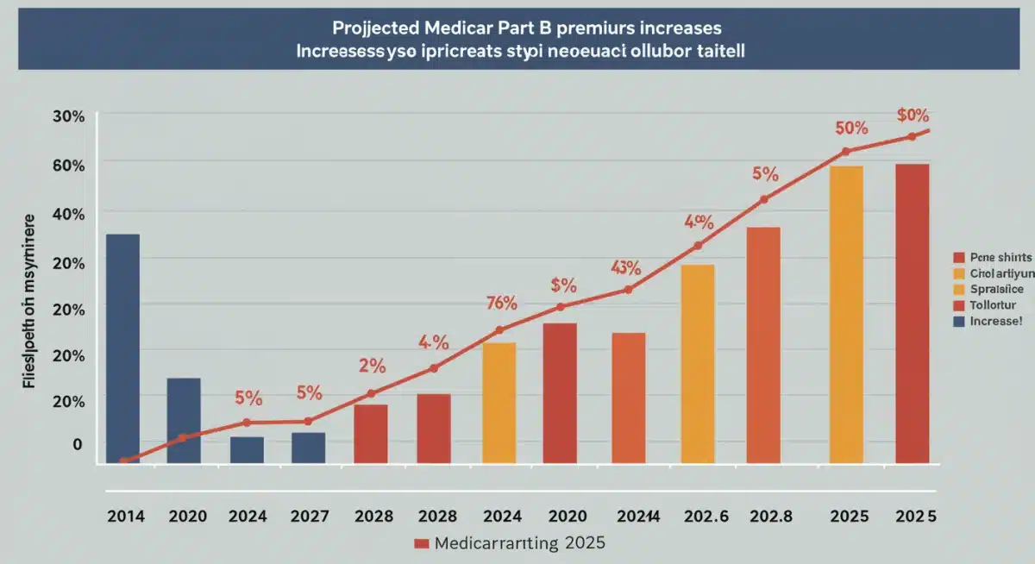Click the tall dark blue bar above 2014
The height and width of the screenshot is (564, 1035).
point(122,348)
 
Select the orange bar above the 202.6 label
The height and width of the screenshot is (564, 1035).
point(697,363)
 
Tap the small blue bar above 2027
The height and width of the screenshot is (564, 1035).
point(308,448)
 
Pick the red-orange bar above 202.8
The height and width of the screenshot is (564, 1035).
point(762,345)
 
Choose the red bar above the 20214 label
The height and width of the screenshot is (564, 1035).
point(628,398)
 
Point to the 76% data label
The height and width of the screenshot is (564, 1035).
point(501,303)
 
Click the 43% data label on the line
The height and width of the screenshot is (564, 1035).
point(625,267)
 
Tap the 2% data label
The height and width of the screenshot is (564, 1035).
point(371,365)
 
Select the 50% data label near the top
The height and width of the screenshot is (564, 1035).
point(850,128)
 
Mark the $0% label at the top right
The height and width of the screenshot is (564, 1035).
point(912,115)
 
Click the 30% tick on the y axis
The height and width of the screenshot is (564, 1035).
point(67,116)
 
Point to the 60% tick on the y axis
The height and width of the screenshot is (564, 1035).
point(67,164)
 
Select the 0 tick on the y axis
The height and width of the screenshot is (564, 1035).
point(78,444)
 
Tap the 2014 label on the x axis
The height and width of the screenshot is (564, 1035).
point(126,517)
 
